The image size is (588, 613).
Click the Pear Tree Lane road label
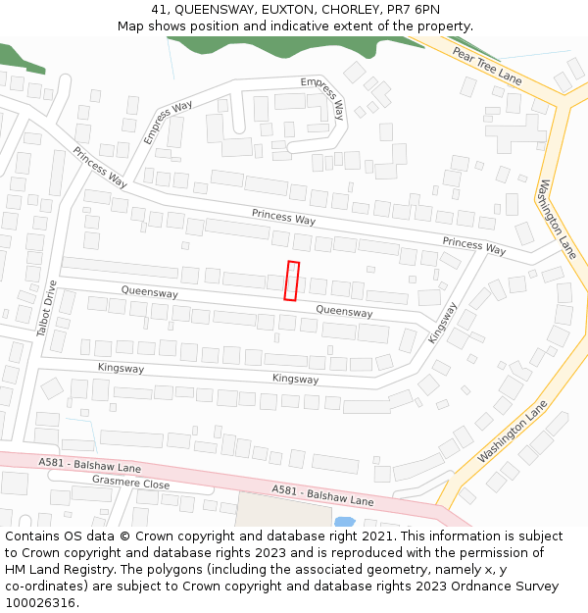click(x=488, y=64)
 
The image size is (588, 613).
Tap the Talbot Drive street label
click(x=46, y=309)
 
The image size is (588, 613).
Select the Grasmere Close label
click(x=130, y=484)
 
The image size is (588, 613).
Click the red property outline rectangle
click(x=291, y=281)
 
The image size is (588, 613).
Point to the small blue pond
click(x=344, y=522)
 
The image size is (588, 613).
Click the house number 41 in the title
click(x=160, y=10)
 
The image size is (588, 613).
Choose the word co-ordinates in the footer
click(x=46, y=587)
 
